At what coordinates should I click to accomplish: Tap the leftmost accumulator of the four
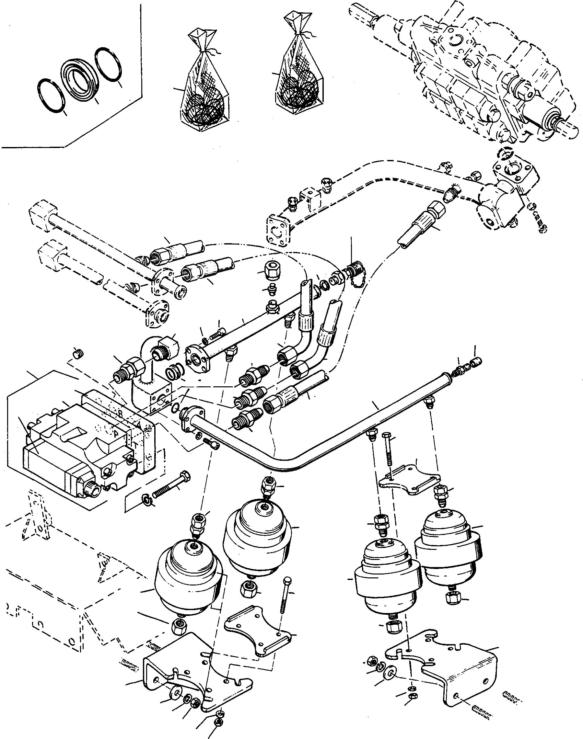188,580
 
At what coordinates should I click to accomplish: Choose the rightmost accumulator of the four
447,552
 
